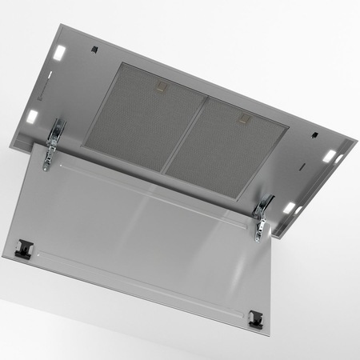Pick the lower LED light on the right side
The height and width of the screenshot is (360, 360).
click(290, 207)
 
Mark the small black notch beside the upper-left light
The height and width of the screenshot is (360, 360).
click(95, 50)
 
